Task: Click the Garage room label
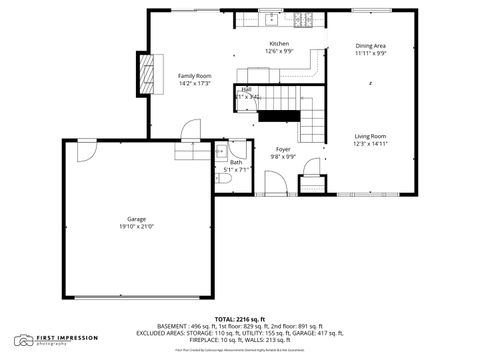pyautogui.click(x=136, y=219)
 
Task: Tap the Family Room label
pyautogui.click(x=194, y=76)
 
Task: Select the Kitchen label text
pyautogui.click(x=279, y=44)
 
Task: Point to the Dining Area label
pyautogui.click(x=371, y=46)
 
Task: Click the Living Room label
pyautogui.click(x=370, y=136)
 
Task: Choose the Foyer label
pyautogui.click(x=283, y=149)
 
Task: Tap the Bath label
pyautogui.click(x=236, y=162)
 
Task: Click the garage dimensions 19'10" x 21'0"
pyautogui.click(x=136, y=227)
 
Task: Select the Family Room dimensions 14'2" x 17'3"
pyautogui.click(x=194, y=84)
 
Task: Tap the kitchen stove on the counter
pyautogui.click(x=308, y=20)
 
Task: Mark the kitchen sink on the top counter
pyautogui.click(x=271, y=20)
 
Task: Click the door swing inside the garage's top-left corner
pyautogui.click(x=85, y=149)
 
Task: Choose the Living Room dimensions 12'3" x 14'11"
pyautogui.click(x=370, y=144)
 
